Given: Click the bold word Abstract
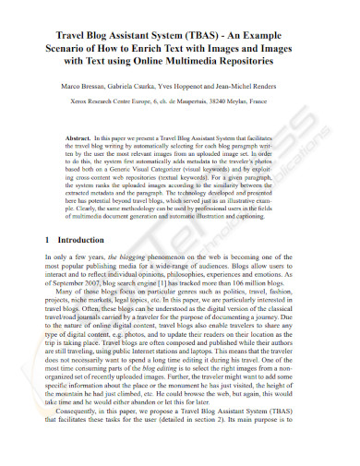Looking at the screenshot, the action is [x=83, y=136].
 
